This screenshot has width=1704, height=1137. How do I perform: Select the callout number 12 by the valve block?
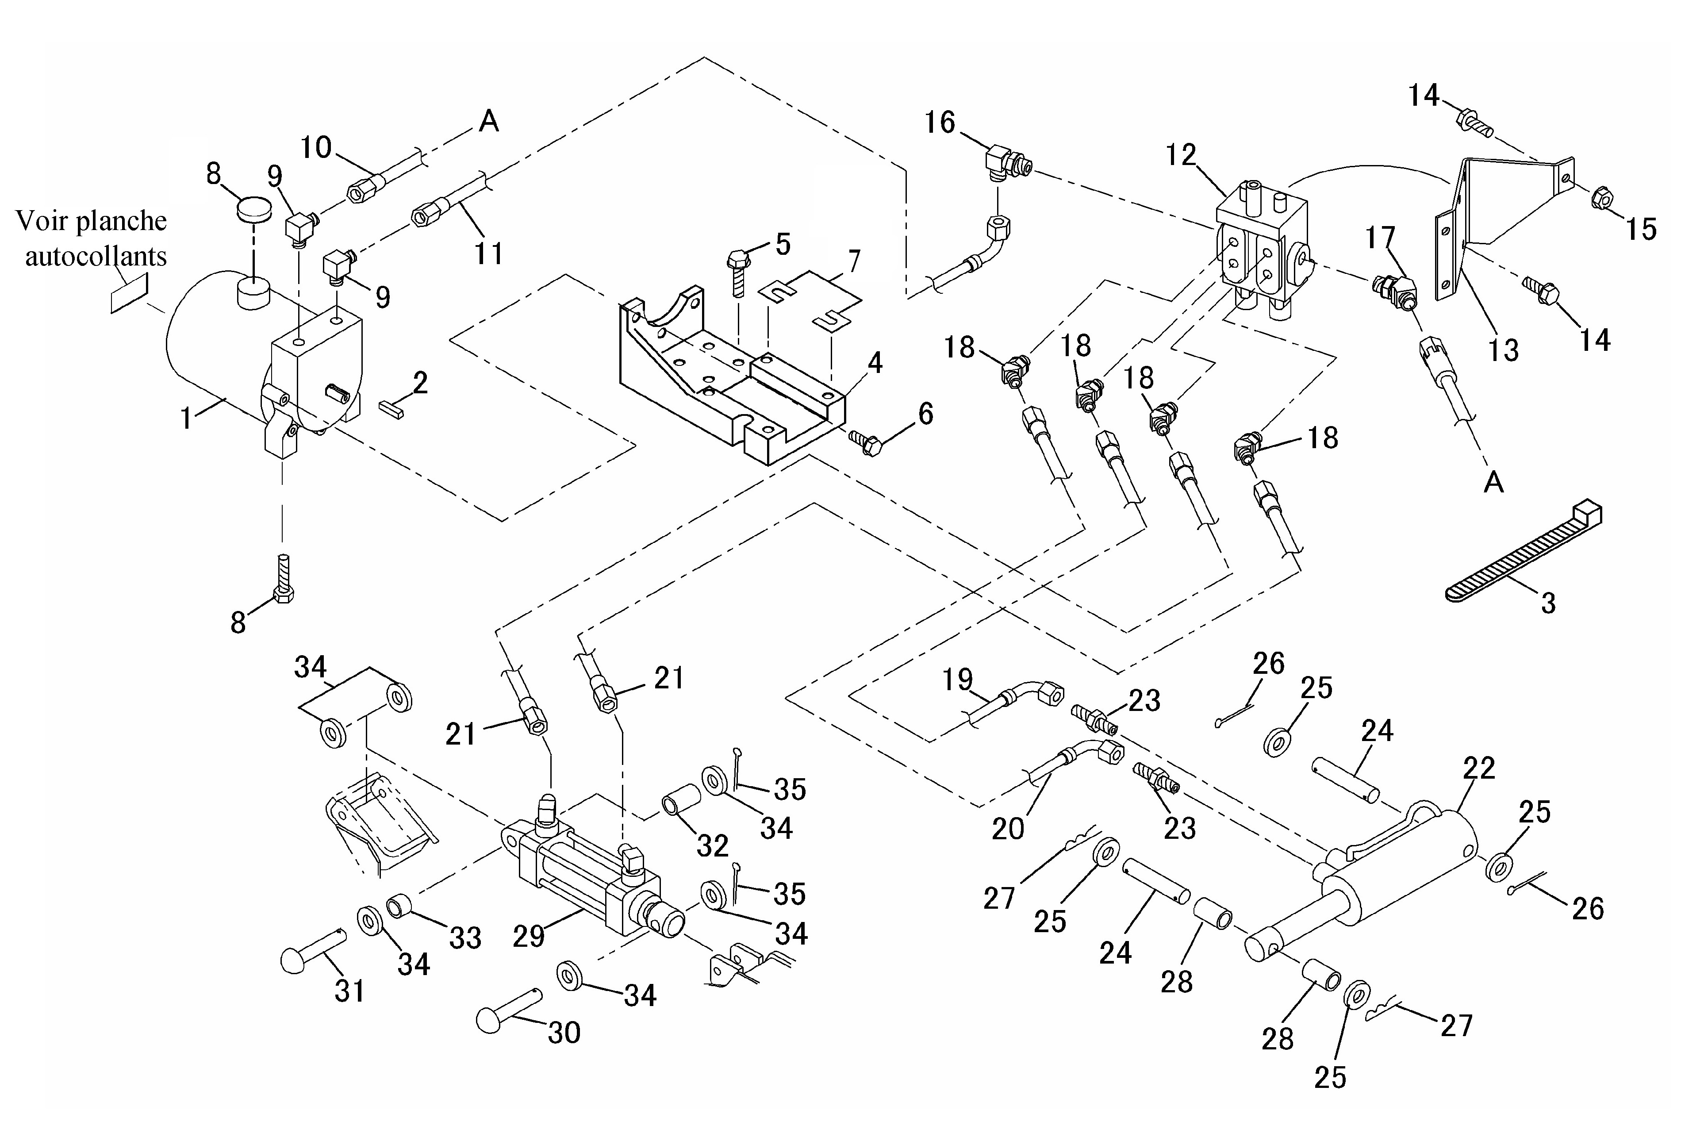(x=1181, y=154)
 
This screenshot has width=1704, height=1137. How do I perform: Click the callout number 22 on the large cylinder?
(x=1479, y=768)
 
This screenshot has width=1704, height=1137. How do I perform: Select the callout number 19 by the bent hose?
(x=957, y=680)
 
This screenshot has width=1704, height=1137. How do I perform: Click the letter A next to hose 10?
(x=489, y=121)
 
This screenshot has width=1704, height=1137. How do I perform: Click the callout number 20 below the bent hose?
(x=1007, y=828)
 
